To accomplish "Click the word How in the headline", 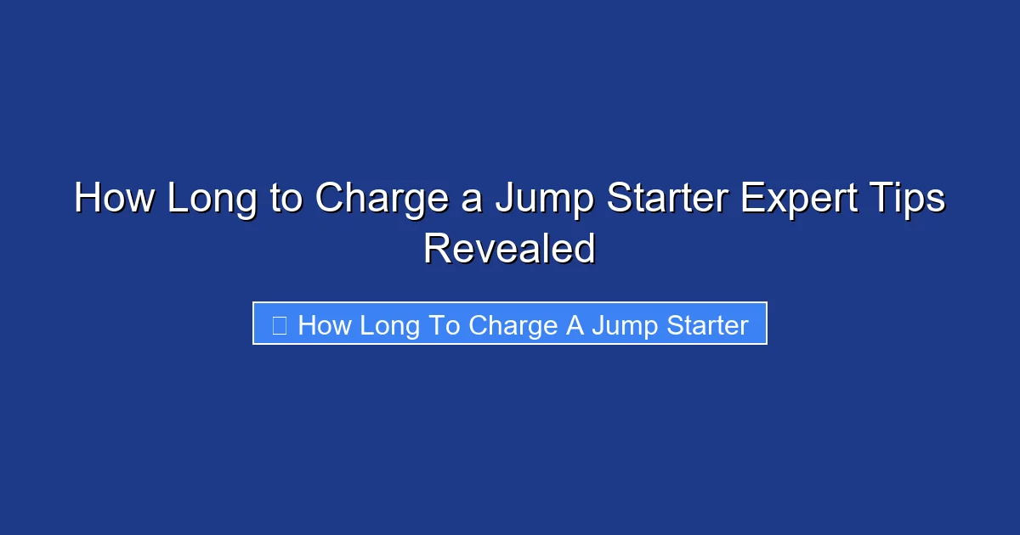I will (x=114, y=200).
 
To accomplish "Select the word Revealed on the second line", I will (x=509, y=249).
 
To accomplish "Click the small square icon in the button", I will (x=279, y=324).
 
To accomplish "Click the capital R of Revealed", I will (x=435, y=249).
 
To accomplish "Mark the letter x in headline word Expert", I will (x=767, y=203).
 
